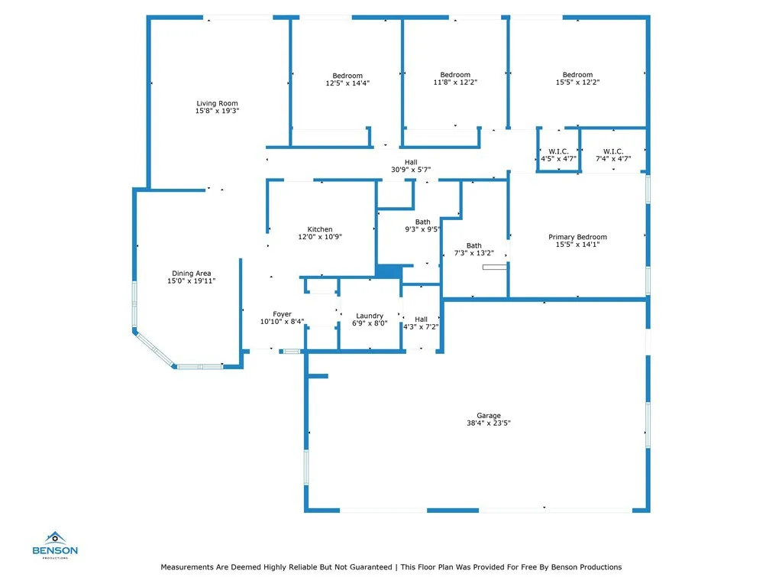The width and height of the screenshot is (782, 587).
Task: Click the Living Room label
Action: (217, 103)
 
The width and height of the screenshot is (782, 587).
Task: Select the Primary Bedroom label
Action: (577, 237)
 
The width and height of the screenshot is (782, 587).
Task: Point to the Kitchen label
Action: (320, 229)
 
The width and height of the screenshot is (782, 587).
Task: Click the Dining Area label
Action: (191, 274)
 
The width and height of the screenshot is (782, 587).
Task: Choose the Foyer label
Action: (283, 314)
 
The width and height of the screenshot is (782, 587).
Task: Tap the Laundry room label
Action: (370, 316)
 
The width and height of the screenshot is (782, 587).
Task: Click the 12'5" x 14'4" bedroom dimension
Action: (347, 83)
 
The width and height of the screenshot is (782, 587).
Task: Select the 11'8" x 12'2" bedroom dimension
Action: (455, 83)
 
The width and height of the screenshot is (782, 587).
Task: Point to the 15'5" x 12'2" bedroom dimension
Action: (577, 83)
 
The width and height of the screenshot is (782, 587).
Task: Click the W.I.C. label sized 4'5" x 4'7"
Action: (558, 151)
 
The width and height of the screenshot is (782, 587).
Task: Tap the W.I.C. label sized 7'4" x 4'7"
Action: (612, 151)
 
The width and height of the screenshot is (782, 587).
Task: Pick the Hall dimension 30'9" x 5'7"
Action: (411, 170)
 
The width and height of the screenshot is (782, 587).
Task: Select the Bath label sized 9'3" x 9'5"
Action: (422, 222)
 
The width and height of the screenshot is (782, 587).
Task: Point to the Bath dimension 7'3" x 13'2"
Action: (474, 253)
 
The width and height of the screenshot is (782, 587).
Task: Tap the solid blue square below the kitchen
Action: (389, 271)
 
